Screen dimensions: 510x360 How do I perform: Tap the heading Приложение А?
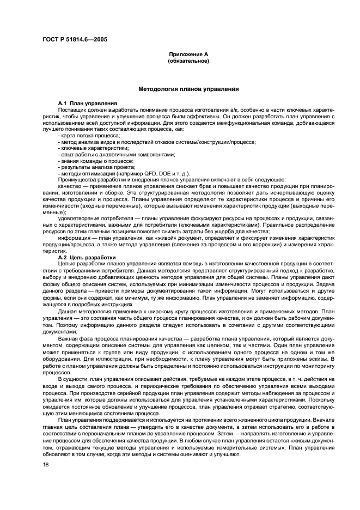(189, 54)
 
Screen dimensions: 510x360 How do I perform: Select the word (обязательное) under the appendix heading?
(189, 60)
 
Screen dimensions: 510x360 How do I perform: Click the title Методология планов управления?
(188, 89)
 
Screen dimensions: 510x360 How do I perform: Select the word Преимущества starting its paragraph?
(76, 180)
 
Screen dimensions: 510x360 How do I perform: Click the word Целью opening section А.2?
(66, 249)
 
